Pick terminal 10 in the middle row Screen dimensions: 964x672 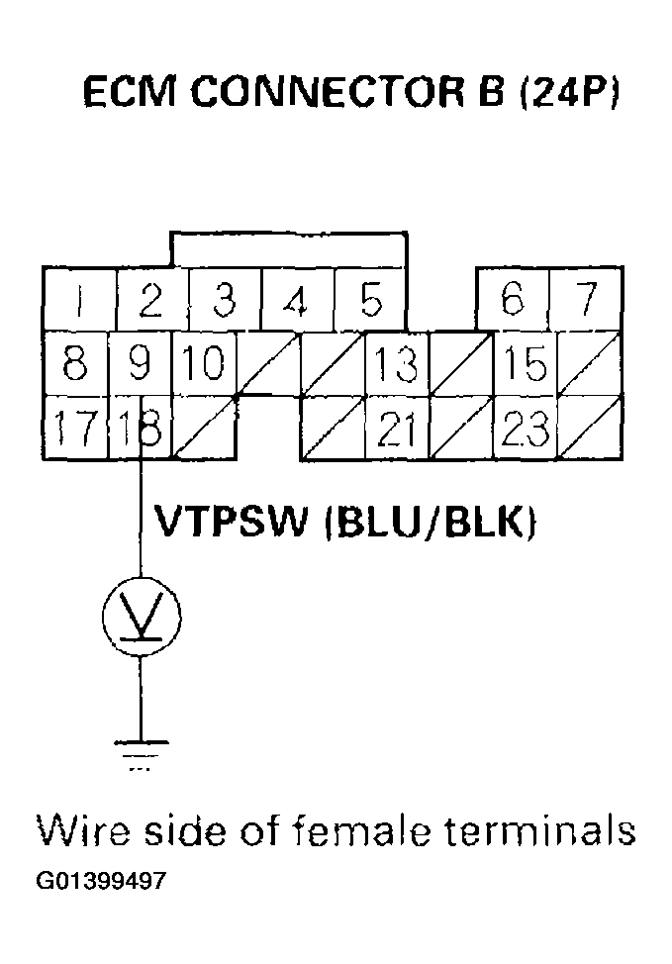point(203,363)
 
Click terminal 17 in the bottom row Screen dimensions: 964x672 point(76,428)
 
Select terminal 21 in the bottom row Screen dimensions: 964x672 point(396,429)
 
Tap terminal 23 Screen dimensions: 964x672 point(525,429)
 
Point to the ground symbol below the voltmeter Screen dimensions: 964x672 point(142,750)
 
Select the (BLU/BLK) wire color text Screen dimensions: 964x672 point(431,522)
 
